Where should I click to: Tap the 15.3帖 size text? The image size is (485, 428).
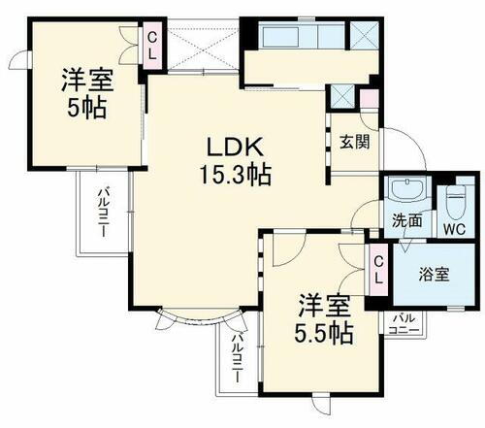pyautogui.click(x=236, y=176)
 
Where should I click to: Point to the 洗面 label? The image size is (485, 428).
pyautogui.click(x=407, y=220)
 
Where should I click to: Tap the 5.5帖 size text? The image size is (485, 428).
pyautogui.click(x=324, y=332)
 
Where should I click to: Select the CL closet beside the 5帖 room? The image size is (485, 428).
pyautogui.click(x=152, y=46)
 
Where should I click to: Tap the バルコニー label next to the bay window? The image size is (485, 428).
pyautogui.click(x=236, y=359)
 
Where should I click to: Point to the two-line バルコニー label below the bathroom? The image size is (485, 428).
pyautogui.click(x=405, y=323)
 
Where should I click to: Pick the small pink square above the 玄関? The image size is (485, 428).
pyautogui.click(x=368, y=98)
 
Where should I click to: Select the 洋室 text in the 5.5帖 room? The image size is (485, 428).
pyautogui.click(x=324, y=303)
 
